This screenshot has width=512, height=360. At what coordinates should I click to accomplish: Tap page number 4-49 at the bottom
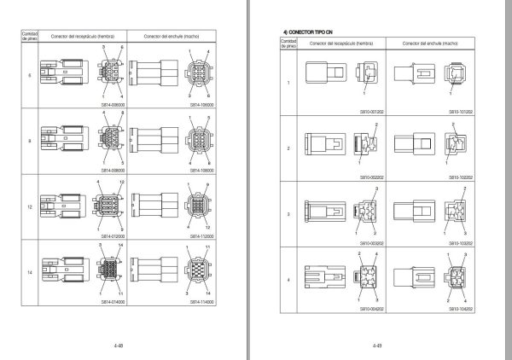pyautogui.click(x=376, y=346)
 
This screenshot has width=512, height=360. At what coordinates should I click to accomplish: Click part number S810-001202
pyautogui.click(x=371, y=111)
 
